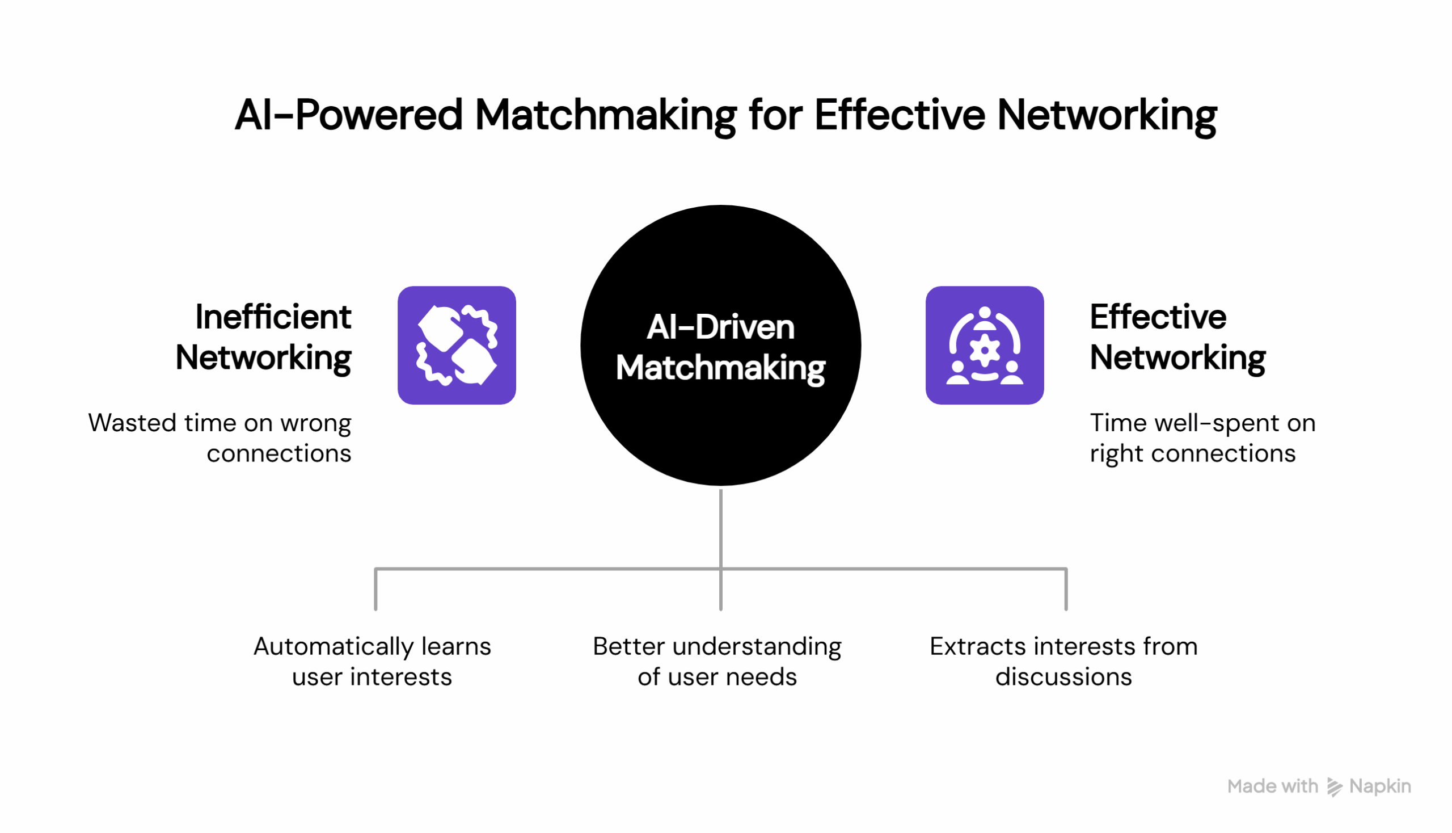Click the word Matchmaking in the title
coord(606,116)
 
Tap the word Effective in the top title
coord(900,116)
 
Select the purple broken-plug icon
coord(457,346)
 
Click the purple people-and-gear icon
coord(985,346)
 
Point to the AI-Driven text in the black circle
coord(720,327)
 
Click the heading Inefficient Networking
coord(264,338)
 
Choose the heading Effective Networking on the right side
coord(1177,338)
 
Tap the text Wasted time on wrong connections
coord(220,438)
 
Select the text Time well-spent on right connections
coord(1202,438)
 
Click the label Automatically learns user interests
coord(372,662)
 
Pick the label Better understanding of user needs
coord(717,662)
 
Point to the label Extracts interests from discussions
coord(1063,662)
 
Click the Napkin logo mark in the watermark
coord(1334,787)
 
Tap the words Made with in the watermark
coord(1272,786)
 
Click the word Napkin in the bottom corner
coord(1380,786)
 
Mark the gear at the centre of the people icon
coord(985,350)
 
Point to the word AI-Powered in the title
coord(348,116)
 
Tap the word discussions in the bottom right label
coord(1063,678)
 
